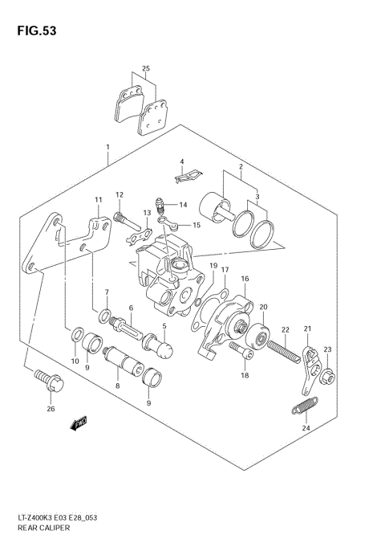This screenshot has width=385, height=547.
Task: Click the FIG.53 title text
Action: [33, 31]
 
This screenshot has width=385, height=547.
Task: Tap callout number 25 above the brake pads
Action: [145, 69]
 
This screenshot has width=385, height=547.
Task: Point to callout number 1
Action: [107, 147]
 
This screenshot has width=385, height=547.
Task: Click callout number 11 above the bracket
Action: [98, 200]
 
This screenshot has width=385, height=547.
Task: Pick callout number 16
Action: [245, 279]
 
